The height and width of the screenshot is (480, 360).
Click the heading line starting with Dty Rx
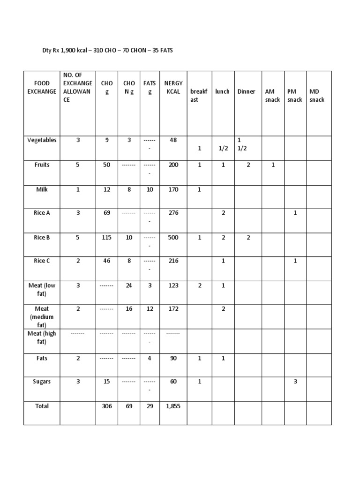click(x=107, y=50)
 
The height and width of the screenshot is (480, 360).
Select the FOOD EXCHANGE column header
click(x=42, y=87)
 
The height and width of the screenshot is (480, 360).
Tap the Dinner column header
click(x=246, y=91)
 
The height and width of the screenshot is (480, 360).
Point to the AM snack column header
click(x=272, y=96)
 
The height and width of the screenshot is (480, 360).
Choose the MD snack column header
click(x=317, y=96)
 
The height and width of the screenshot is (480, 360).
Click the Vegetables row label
click(x=42, y=140)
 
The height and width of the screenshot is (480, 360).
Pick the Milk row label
click(x=42, y=189)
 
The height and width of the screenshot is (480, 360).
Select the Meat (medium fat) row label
click(x=42, y=316)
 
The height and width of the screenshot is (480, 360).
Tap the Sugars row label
click(x=42, y=382)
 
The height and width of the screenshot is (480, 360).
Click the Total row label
click(x=42, y=406)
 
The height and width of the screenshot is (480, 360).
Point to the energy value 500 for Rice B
click(x=173, y=238)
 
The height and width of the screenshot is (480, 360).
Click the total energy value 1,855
click(x=173, y=406)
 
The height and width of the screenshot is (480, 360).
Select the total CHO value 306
click(x=107, y=406)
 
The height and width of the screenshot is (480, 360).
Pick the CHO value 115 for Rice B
click(x=107, y=238)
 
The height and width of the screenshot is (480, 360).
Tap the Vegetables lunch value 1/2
click(x=223, y=148)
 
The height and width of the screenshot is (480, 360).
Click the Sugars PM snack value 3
click(x=295, y=382)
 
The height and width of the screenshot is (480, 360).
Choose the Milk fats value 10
click(x=150, y=189)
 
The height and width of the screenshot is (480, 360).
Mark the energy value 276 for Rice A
click(x=173, y=213)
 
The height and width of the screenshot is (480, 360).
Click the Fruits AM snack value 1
click(x=273, y=165)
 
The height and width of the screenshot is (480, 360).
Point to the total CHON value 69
click(x=129, y=406)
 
